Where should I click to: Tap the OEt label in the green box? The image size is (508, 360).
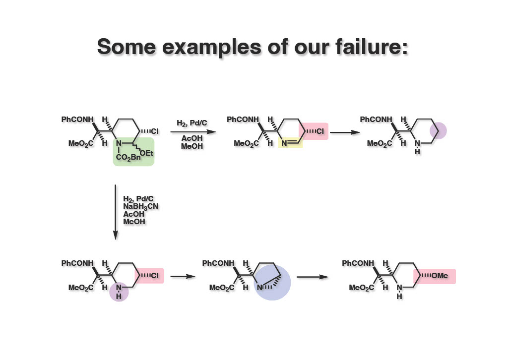coord(146,153)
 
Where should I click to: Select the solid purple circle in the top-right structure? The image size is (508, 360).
coord(438,131)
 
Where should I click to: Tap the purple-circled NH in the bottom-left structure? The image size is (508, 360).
coord(119,292)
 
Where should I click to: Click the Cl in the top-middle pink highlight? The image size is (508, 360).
coord(320,131)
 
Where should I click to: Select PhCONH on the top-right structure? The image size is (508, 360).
coord(376,120)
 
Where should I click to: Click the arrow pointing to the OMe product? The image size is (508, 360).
coord(316,277)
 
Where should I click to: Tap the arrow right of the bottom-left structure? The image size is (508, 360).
coord(182,276)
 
